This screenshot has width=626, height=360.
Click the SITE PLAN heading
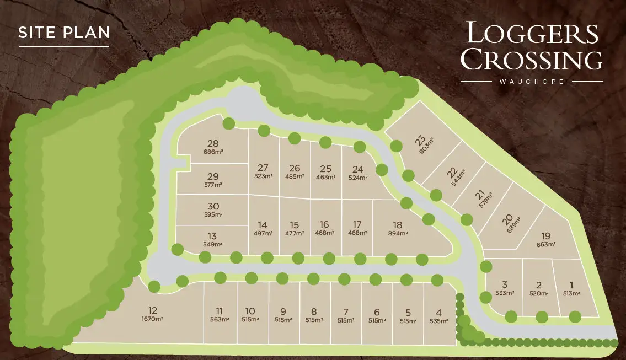tap(64, 32)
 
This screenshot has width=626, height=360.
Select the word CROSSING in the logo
tap(532, 59)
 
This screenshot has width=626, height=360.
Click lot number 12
tap(153, 310)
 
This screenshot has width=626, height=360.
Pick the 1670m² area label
tap(153, 319)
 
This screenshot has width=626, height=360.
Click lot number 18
tap(398, 225)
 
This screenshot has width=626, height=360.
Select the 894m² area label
tap(398, 233)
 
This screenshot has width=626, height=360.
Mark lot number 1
tap(571, 285)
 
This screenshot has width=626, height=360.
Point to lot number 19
tap(546, 235)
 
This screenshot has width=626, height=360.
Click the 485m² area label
tap(295, 177)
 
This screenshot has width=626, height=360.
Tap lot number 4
tap(438, 311)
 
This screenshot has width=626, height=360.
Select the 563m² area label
tap(220, 320)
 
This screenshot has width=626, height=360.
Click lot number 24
tap(358, 169)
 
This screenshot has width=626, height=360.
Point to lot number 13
tap(213, 236)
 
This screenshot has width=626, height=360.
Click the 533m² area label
tap(505, 293)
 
